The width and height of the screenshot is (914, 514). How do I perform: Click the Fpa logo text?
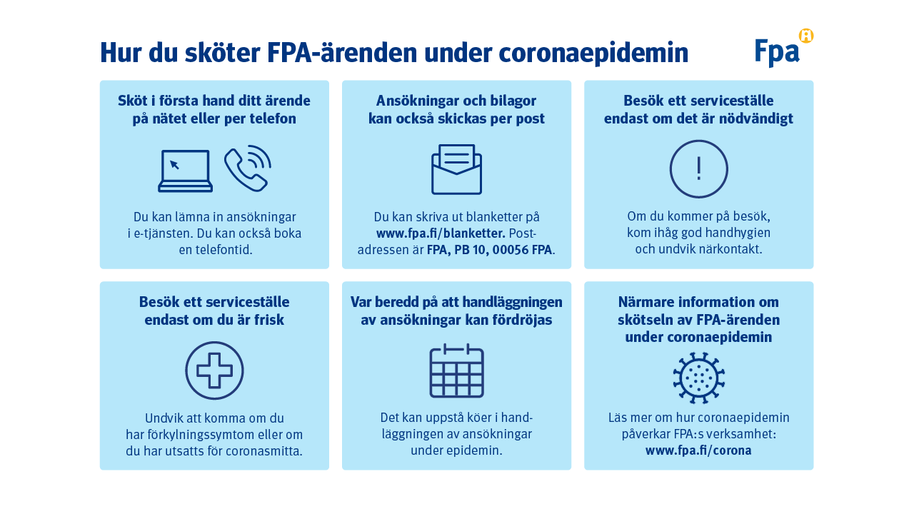pyautogui.click(x=777, y=52)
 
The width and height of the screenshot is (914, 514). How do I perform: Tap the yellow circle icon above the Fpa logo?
pyautogui.click(x=806, y=36)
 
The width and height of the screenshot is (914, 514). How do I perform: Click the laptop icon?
pyautogui.click(x=185, y=171)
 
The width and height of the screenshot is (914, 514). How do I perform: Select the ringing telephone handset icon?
pyautogui.click(x=248, y=168)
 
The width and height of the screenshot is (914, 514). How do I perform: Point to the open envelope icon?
pyautogui.click(x=456, y=169)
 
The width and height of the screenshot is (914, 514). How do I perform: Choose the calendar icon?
pyautogui.click(x=456, y=371)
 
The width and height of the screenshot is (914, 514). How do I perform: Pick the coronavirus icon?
pyautogui.click(x=698, y=378)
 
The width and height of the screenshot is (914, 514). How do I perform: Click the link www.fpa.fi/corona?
pyautogui.click(x=698, y=450)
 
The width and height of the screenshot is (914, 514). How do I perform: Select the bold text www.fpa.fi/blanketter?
pyautogui.click(x=441, y=233)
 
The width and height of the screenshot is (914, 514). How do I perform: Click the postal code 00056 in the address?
pyautogui.click(x=510, y=250)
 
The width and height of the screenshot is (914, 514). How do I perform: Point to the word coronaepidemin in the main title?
pyautogui.click(x=593, y=53)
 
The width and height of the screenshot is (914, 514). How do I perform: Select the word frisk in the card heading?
pyautogui.click(x=268, y=320)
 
